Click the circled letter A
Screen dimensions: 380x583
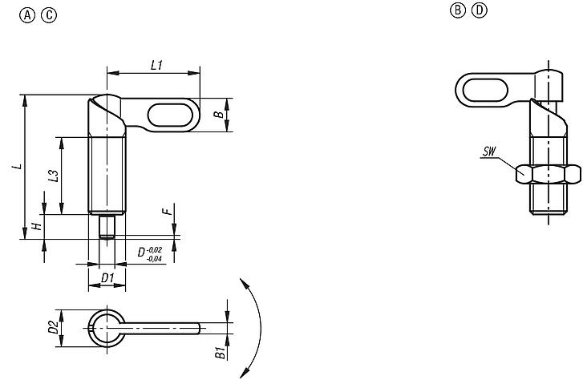coord(29,15)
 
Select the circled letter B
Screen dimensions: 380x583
coord(458,10)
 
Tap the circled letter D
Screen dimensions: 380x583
coord(480,10)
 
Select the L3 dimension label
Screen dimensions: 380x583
coord(52,176)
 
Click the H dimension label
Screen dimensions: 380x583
coord(36,227)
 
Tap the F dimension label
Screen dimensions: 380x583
coord(166,212)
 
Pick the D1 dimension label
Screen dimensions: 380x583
coord(107,278)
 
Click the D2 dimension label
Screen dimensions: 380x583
coord(52,328)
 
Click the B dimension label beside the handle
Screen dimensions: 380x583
coord(217,115)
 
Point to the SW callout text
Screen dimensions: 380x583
coord(489,151)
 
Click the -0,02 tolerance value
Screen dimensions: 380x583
coord(156,250)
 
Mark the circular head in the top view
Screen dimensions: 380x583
coord(106,327)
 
